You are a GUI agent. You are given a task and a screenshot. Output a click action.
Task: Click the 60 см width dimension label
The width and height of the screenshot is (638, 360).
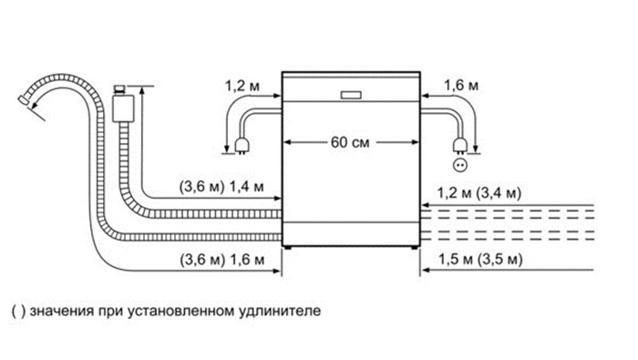(350, 142)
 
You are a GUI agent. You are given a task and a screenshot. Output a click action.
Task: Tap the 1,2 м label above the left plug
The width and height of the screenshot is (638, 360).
(242, 86)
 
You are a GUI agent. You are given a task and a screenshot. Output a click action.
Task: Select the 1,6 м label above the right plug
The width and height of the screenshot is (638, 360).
(461, 86)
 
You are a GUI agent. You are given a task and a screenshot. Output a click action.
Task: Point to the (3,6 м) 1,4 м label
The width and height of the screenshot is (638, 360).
(221, 187)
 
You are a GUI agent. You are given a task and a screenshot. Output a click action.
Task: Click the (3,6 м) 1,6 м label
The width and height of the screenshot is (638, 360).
(222, 260)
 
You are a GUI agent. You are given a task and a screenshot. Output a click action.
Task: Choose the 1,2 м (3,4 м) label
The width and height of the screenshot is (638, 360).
(479, 193)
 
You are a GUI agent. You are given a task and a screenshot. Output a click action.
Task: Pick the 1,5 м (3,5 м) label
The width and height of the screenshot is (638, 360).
(480, 259)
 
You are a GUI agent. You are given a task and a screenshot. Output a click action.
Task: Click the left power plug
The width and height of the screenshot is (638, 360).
(242, 145)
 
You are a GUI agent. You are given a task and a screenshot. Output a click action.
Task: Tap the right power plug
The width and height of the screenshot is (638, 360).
(460, 145)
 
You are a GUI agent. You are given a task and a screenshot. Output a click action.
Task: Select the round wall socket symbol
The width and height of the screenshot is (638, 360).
(460, 165)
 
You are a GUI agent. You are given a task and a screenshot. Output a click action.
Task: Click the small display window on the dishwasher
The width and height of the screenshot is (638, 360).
(351, 95)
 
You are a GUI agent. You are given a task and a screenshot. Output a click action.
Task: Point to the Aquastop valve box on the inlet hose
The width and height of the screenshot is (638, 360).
(123, 108)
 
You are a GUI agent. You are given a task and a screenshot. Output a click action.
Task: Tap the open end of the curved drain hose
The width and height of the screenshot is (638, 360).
(24, 100)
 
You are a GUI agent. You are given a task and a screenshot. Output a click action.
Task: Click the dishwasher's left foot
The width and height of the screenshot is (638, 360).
(288, 247)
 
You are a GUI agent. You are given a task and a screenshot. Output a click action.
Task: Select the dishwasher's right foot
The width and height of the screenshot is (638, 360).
(414, 247)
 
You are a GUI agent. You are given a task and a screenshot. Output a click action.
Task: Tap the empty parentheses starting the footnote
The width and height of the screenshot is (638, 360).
(18, 312)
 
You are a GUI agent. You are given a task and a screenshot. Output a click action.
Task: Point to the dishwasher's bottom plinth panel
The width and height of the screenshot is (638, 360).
(351, 234)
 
